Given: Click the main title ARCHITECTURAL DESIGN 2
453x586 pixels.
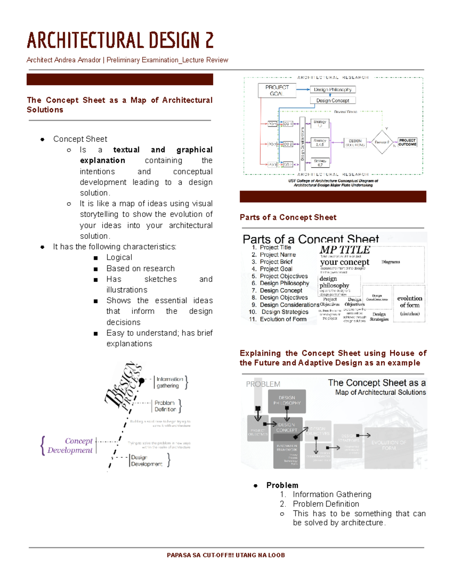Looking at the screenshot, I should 120,41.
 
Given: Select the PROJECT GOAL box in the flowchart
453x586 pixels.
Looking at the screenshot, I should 277,91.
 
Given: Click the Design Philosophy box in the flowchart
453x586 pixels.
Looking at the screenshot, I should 332,89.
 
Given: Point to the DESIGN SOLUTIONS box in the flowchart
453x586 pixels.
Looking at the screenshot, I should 354,143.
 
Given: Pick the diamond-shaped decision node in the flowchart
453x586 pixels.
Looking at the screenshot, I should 382,142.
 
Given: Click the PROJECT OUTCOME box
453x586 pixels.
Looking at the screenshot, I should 407,142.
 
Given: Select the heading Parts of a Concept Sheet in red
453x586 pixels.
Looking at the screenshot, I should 288,217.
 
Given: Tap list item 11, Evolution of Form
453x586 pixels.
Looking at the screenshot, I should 283,319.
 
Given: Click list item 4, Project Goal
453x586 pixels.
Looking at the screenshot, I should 276,269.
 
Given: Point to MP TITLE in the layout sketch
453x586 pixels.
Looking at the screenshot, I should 345,250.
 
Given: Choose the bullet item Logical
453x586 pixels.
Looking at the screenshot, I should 119,257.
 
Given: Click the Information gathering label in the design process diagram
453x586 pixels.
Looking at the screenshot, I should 169,382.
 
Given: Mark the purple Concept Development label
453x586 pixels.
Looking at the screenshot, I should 70,446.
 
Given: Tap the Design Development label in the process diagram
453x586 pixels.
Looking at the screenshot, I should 146,461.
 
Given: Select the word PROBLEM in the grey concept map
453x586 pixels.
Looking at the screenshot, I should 263,384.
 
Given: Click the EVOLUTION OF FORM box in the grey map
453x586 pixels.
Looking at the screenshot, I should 388,445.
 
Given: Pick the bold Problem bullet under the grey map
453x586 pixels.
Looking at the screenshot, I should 282,485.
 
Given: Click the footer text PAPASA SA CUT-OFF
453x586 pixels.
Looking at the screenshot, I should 226,555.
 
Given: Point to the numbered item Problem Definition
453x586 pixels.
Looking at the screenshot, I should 325,504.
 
